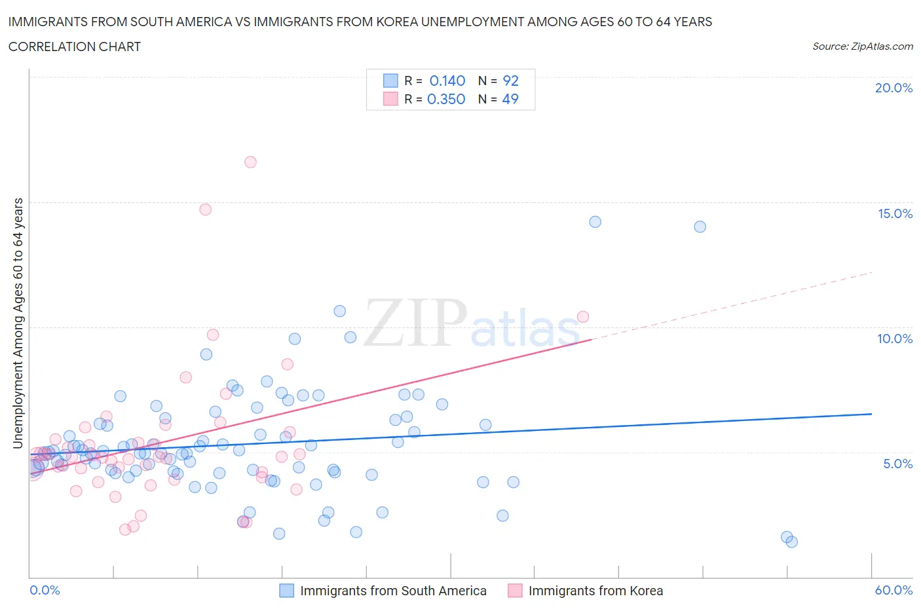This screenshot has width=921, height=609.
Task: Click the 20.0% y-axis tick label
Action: (x=893, y=88)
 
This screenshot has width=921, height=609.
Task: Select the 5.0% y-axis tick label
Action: (x=897, y=464)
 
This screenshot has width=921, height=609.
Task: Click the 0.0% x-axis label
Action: (x=45, y=590)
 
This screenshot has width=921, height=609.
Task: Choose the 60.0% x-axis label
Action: (x=893, y=590)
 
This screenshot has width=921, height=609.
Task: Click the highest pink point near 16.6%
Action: (x=250, y=162)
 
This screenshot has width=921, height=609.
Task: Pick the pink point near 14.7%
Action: (x=205, y=210)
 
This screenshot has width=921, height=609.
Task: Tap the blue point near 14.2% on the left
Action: (x=595, y=222)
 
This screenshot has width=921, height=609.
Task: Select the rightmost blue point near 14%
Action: (x=700, y=227)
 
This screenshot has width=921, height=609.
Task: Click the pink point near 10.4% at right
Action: (x=582, y=317)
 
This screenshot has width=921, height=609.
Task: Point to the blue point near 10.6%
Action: (x=339, y=311)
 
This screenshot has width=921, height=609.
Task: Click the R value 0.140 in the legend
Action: (x=447, y=81)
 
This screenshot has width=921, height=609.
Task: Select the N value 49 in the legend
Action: (x=510, y=99)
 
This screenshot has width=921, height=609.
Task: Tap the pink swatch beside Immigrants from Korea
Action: (x=515, y=591)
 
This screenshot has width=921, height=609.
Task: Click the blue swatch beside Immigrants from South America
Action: (x=286, y=591)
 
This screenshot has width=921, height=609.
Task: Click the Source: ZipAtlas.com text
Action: (x=862, y=46)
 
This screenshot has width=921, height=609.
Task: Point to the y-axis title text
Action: (x=18, y=323)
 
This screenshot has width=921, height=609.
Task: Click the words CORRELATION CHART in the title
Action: (x=75, y=46)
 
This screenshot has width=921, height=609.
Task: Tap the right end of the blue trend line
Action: (x=871, y=414)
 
